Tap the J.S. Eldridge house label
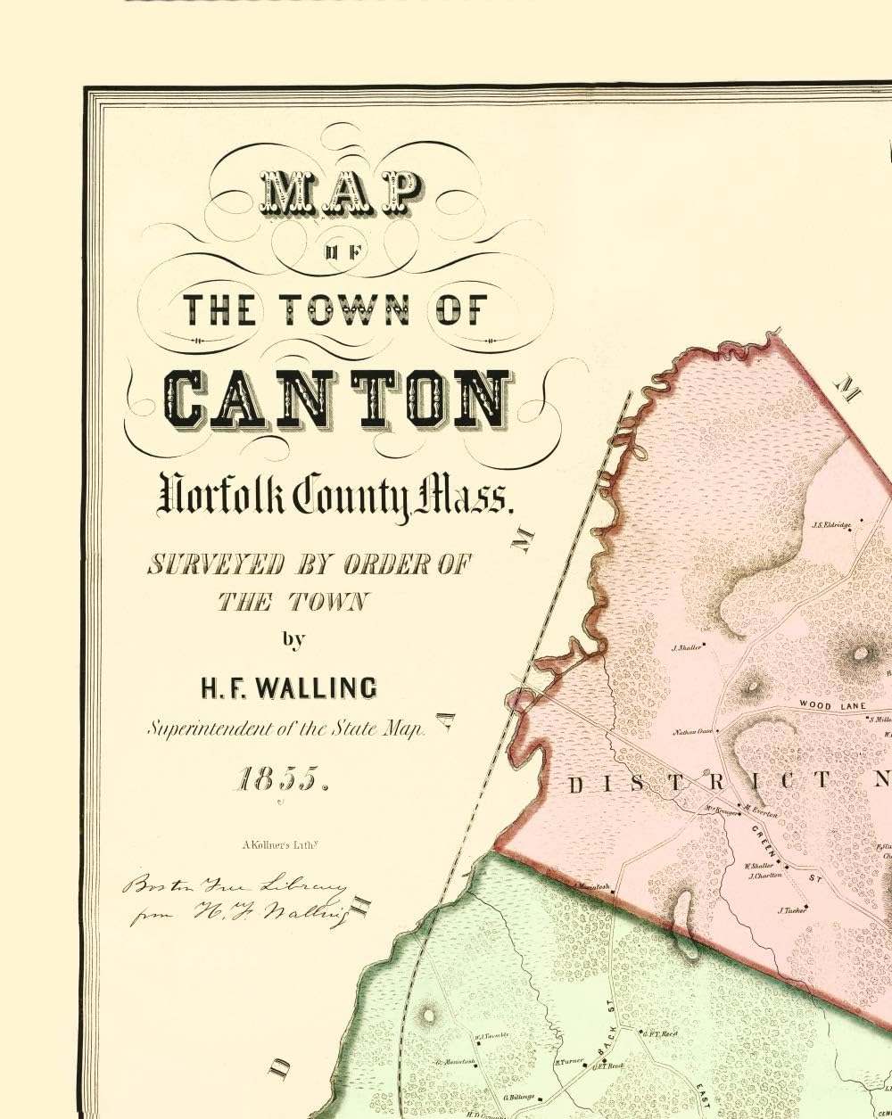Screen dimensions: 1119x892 pos(831,525)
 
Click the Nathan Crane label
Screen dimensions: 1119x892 pos(692,732)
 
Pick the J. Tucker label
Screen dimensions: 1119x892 pos(791,910)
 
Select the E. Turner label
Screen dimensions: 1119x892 pos(568,1062)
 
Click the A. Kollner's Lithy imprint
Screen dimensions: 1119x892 pos(273,838)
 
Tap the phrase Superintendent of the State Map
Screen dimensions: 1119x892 pos(287,728)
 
